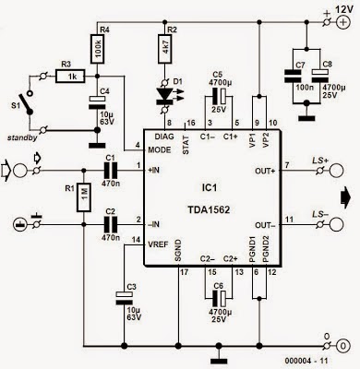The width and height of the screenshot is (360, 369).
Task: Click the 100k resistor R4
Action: point(97,49)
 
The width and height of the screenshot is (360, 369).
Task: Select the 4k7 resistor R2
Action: point(165,49)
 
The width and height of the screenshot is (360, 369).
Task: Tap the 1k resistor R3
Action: point(70,77)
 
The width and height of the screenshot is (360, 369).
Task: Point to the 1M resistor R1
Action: point(83,196)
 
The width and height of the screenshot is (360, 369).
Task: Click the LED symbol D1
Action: point(165,95)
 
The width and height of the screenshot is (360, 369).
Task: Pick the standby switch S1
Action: point(30,103)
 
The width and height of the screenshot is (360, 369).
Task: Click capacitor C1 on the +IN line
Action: point(111,170)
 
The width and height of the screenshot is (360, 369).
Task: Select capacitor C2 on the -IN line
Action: point(111,224)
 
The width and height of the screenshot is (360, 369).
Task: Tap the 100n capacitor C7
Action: point(293,76)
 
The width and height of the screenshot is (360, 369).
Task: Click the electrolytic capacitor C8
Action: point(320,76)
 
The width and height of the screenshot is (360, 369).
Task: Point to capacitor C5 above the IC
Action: point(219,96)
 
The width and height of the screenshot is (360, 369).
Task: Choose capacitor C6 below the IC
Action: point(219,297)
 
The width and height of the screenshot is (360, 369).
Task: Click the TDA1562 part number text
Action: point(209,209)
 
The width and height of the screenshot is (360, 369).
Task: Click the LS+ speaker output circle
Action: point(336,171)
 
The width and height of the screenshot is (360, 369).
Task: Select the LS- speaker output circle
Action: point(336,224)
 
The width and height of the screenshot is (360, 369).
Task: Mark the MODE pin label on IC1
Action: point(159,149)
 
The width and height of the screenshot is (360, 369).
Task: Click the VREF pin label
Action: point(158,244)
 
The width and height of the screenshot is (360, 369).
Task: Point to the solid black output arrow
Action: point(345,197)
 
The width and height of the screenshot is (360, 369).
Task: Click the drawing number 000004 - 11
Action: point(306,361)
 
